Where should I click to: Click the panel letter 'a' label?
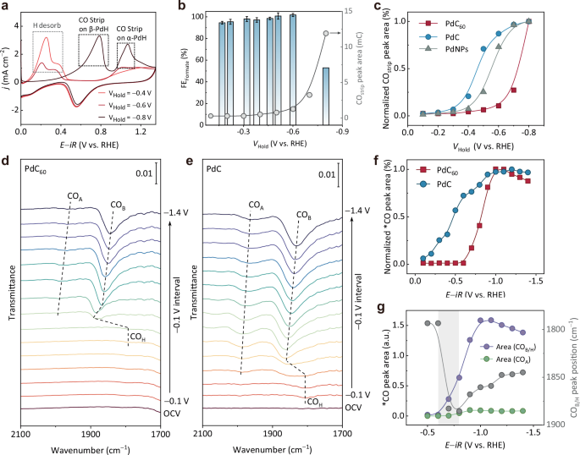6,8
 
